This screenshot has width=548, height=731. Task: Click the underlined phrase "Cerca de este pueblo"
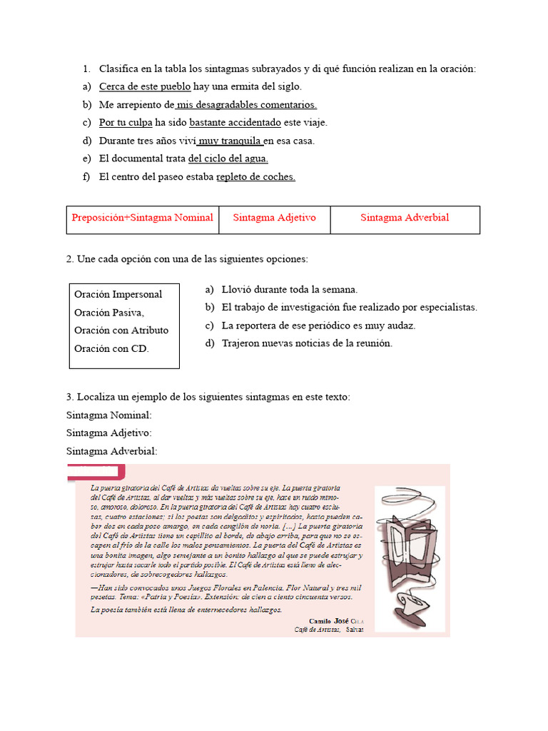(x=145, y=86)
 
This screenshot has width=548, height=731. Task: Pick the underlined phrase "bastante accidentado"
(x=235, y=122)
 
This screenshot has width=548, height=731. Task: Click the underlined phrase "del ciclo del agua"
(x=228, y=158)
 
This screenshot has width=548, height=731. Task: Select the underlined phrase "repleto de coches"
(x=255, y=176)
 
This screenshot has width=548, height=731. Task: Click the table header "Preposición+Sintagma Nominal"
(x=142, y=218)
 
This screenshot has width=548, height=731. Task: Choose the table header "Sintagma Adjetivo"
(x=274, y=218)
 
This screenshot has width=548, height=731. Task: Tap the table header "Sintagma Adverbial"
(x=405, y=218)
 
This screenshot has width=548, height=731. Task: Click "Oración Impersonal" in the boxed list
(x=118, y=294)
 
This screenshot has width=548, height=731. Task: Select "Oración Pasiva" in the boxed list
(x=109, y=313)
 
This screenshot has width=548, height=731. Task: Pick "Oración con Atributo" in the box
(x=121, y=331)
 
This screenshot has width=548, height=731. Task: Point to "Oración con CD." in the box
(x=111, y=348)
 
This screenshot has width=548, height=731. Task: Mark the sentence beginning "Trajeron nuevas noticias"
(x=307, y=343)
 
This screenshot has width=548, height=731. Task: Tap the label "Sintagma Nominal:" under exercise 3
(x=109, y=415)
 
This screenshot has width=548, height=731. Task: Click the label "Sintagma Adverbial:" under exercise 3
(x=112, y=451)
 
